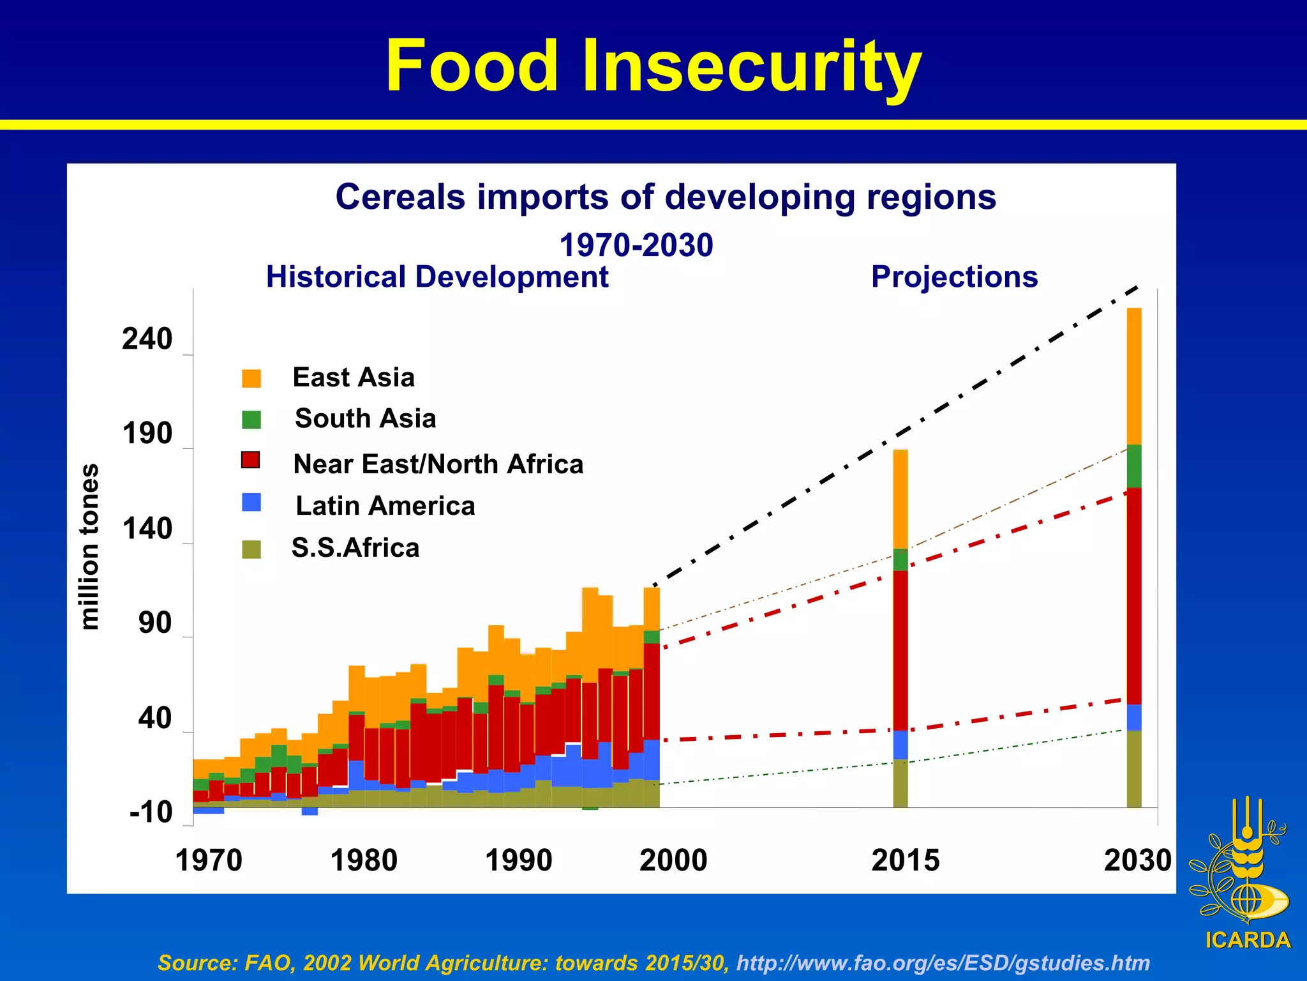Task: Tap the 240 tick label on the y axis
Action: [147, 338]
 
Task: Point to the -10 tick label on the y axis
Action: [151, 812]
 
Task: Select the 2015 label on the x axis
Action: [905, 860]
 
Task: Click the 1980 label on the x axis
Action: [364, 860]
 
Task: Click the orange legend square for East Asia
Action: [251, 378]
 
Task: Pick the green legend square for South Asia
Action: [251, 420]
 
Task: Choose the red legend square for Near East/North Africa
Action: [251, 460]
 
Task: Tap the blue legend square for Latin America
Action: [251, 502]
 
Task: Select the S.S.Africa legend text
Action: [355, 548]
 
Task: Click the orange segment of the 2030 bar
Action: [1133, 377]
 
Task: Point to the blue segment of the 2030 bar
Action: [1133, 717]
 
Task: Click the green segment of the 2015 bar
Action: [900, 559]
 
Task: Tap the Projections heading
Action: [954, 277]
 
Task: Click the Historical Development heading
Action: [437, 277]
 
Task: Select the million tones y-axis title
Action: [90, 547]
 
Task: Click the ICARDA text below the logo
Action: [1248, 940]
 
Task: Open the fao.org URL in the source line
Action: [943, 962]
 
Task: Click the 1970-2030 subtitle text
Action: [636, 245]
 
